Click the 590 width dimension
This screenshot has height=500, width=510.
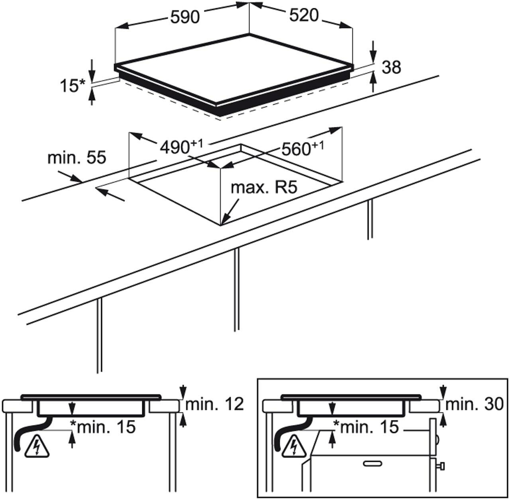(x=184, y=17)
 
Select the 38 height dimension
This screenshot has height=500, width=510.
(x=391, y=67)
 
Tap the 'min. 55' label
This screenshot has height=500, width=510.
(x=77, y=158)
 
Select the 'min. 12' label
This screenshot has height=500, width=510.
(x=214, y=404)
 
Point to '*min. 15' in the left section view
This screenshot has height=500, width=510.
(x=102, y=427)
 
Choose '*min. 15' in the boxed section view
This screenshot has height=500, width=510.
(x=366, y=427)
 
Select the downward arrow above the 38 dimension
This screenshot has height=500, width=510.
(x=373, y=50)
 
